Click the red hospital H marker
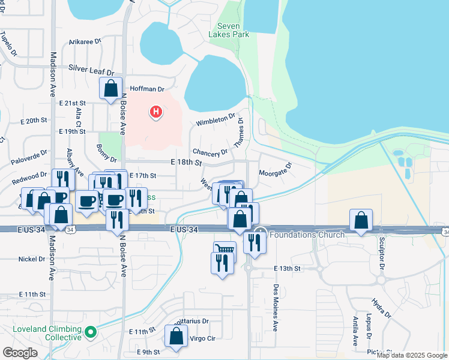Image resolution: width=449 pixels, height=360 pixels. [x=156, y=111]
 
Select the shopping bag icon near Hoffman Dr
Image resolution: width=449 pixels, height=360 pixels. [x=111, y=89]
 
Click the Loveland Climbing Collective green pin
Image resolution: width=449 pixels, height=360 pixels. [x=90, y=331]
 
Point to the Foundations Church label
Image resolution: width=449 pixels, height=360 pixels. [x=307, y=234]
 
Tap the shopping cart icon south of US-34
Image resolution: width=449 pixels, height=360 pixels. [x=225, y=249]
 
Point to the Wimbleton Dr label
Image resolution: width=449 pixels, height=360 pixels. [x=215, y=120]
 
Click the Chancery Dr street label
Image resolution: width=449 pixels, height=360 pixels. [x=210, y=152]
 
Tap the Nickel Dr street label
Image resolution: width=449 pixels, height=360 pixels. [x=32, y=259]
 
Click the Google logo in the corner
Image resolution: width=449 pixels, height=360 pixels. [x=20, y=353]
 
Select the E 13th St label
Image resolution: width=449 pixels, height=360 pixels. [x=288, y=268]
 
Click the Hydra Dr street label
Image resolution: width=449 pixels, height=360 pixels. [x=381, y=307]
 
